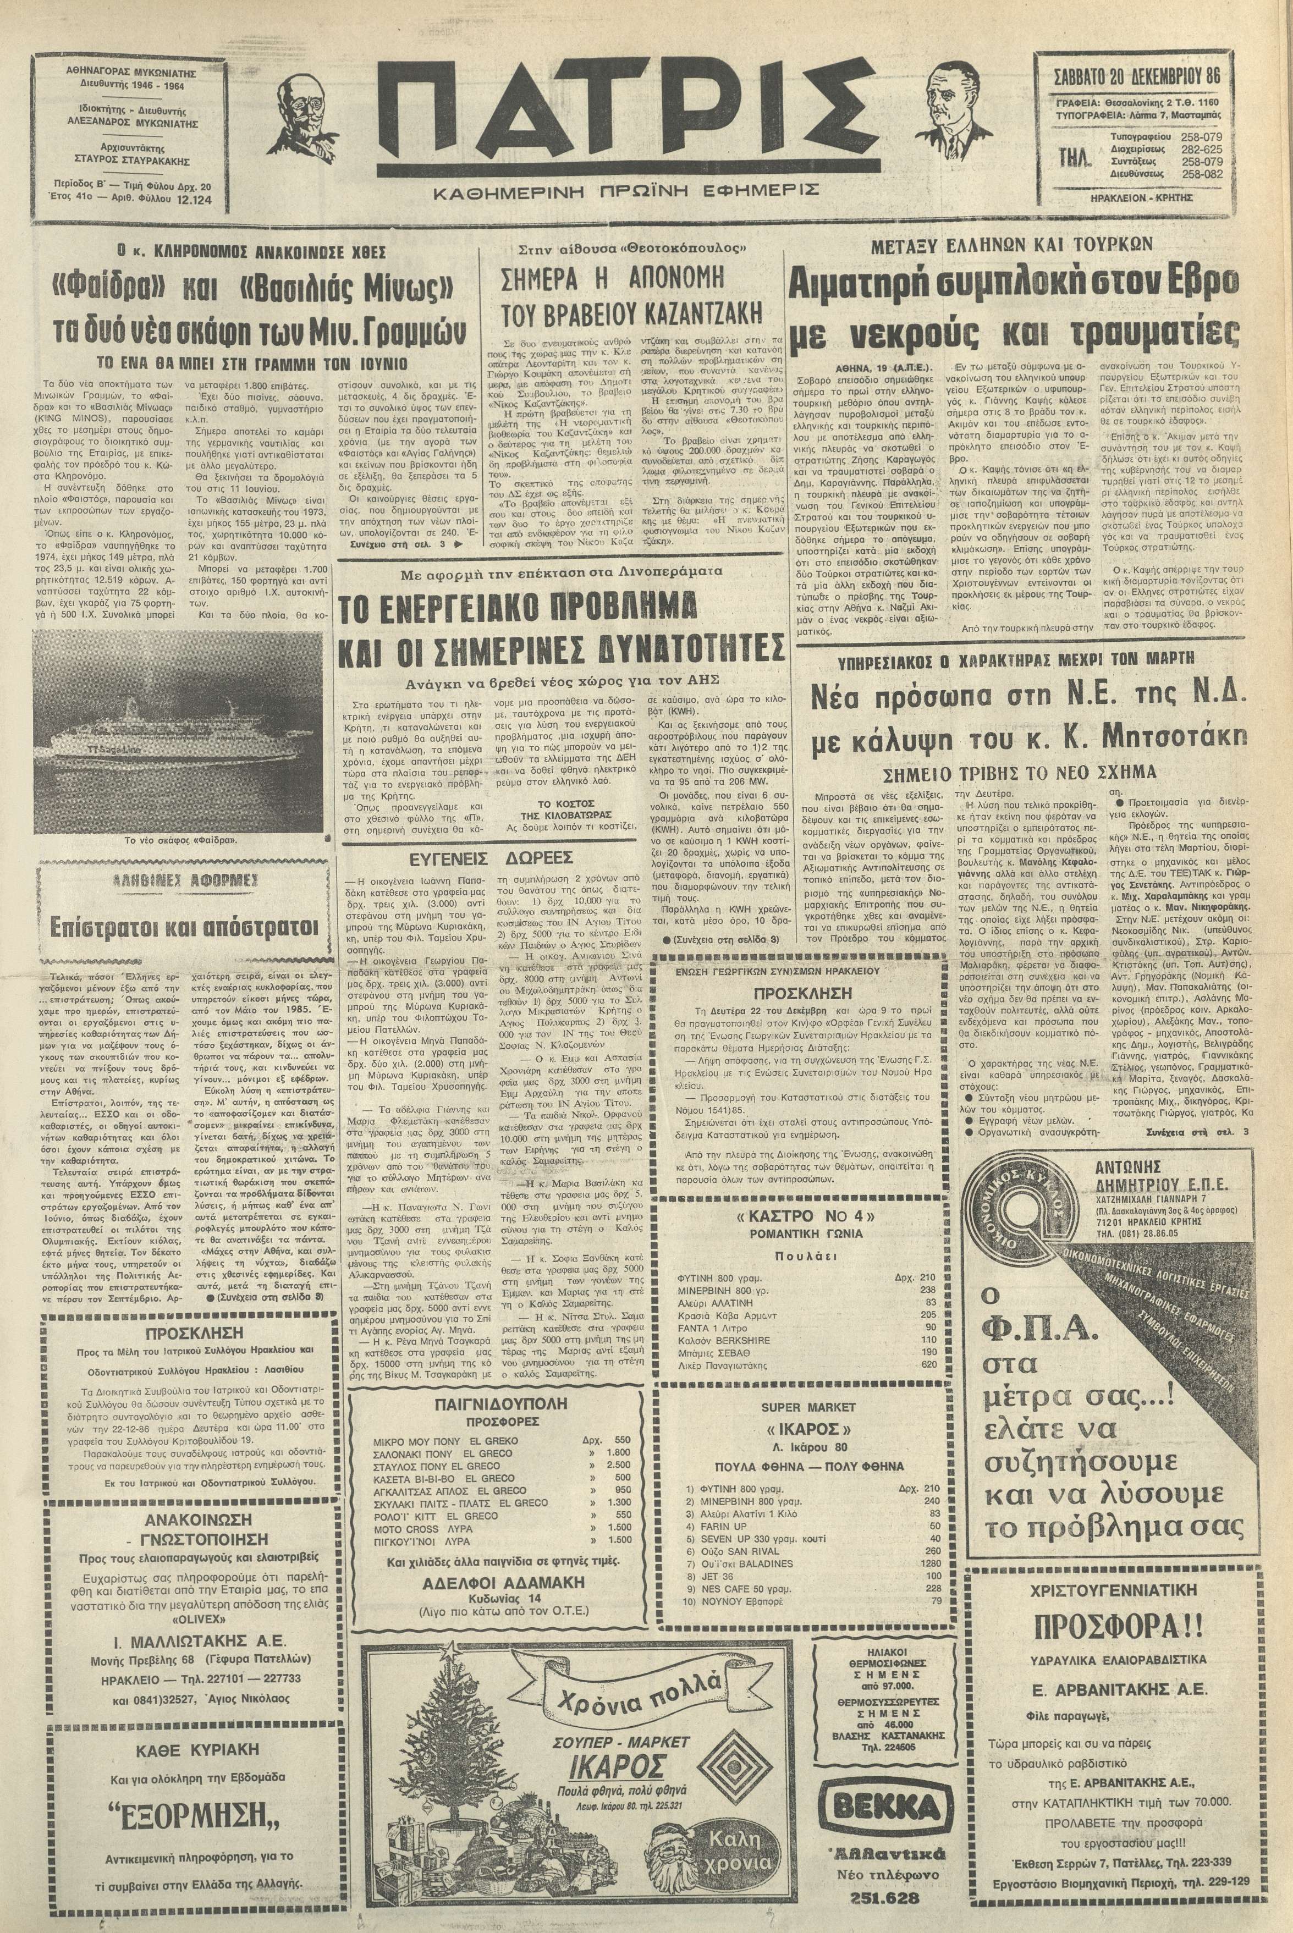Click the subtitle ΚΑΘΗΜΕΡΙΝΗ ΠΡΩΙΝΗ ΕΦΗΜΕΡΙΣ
(x=627, y=190)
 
